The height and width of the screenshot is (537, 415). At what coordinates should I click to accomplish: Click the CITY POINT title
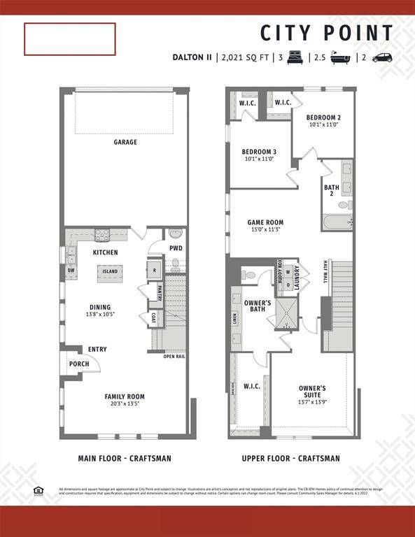tap(327, 33)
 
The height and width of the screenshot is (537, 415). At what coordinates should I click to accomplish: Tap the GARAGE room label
tap(125, 142)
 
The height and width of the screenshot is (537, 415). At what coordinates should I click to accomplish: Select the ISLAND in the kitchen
tap(110, 271)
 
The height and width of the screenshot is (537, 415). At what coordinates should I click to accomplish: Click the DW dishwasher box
tap(71, 270)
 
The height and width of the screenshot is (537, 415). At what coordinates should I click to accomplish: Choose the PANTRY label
tap(160, 293)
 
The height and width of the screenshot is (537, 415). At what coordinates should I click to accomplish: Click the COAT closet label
tap(153, 318)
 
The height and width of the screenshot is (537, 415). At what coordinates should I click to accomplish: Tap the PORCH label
tap(79, 364)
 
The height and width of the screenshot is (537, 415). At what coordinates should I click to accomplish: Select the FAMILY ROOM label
tap(125, 396)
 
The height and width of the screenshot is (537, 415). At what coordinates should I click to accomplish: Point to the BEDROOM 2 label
tap(323, 117)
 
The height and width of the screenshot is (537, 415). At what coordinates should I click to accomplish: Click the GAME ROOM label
tap(265, 223)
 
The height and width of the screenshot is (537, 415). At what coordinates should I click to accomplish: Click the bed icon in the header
tap(294, 57)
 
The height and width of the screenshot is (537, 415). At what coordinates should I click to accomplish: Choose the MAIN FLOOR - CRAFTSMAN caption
tap(125, 459)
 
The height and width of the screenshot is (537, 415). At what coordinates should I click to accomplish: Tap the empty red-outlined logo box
tap(70, 39)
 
